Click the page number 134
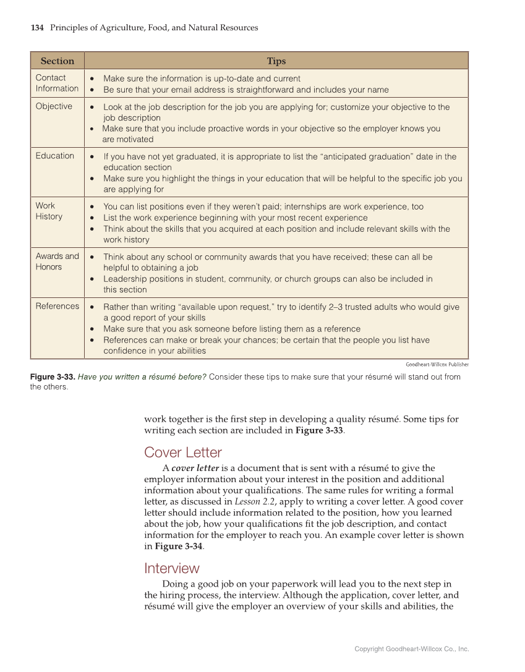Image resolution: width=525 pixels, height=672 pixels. [x=37, y=28]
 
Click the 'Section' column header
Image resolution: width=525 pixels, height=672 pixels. [x=57, y=61]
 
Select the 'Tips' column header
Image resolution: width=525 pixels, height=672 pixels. [x=276, y=61]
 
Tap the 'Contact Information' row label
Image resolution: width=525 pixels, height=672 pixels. [x=57, y=83]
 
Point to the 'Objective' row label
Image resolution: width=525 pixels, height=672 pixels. [x=54, y=106]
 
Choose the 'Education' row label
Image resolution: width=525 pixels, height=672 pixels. [x=54, y=156]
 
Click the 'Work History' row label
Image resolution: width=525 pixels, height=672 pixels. [x=49, y=211]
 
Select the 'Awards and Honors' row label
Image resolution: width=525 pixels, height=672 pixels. [x=57, y=262]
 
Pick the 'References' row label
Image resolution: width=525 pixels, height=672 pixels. [x=57, y=306]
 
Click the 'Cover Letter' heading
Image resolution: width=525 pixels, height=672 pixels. [x=182, y=453]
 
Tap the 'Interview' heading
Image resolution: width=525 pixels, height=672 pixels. [x=171, y=568]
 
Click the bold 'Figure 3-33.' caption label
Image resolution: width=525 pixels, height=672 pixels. [x=53, y=377]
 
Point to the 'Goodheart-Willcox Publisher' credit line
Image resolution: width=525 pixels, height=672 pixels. [x=437, y=364]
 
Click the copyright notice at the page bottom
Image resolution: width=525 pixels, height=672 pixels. [x=411, y=649]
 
